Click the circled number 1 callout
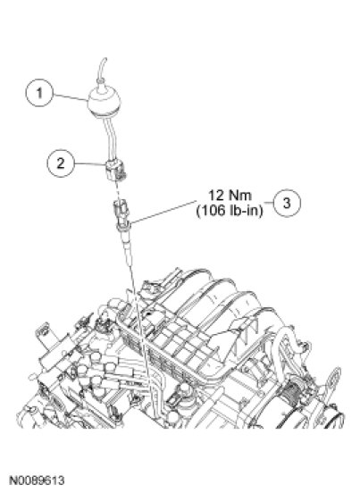[39, 93]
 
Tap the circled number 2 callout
[61, 163]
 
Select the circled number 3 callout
[287, 203]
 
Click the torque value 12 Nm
[230, 196]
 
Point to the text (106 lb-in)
[230, 211]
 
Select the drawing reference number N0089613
[37, 480]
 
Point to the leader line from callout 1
[71, 97]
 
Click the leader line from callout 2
[90, 163]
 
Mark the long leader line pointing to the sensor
[163, 212]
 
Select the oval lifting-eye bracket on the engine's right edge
[334, 381]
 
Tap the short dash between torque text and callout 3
[268, 202]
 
